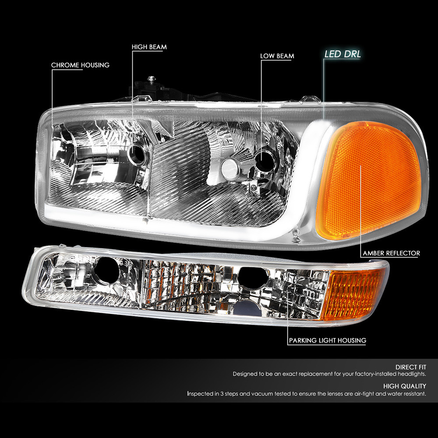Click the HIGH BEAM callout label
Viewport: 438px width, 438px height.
(149, 47)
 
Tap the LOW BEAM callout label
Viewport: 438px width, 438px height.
(277, 56)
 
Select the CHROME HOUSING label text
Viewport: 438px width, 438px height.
(80, 65)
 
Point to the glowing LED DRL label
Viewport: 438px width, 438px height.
(343, 54)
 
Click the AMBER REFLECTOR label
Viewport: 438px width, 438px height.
(391, 253)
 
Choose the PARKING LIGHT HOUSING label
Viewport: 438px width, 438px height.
(327, 340)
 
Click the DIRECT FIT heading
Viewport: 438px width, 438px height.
(411, 367)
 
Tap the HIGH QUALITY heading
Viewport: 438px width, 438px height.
(404, 386)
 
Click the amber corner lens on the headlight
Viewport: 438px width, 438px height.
(369, 180)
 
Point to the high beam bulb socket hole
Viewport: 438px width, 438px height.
(138, 154)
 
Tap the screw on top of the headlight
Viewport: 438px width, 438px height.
(151, 78)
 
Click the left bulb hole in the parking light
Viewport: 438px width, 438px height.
(107, 270)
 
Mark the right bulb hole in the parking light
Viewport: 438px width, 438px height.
(252, 278)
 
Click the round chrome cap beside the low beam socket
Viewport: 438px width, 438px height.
(230, 169)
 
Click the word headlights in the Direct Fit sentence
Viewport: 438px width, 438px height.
(412, 374)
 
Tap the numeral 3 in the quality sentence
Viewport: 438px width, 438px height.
(222, 394)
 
